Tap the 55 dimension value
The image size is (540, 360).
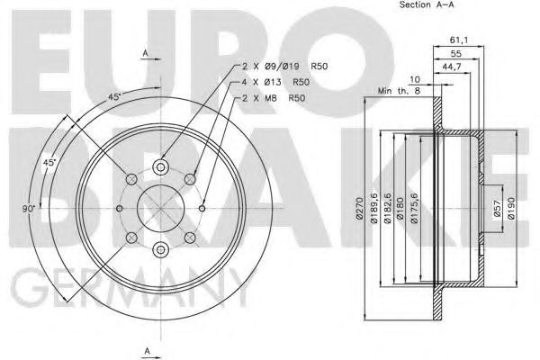point(458,54)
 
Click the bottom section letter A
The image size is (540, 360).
point(145,350)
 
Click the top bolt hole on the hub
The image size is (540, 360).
point(160,166)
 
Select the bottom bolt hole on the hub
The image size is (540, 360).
point(160,249)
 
